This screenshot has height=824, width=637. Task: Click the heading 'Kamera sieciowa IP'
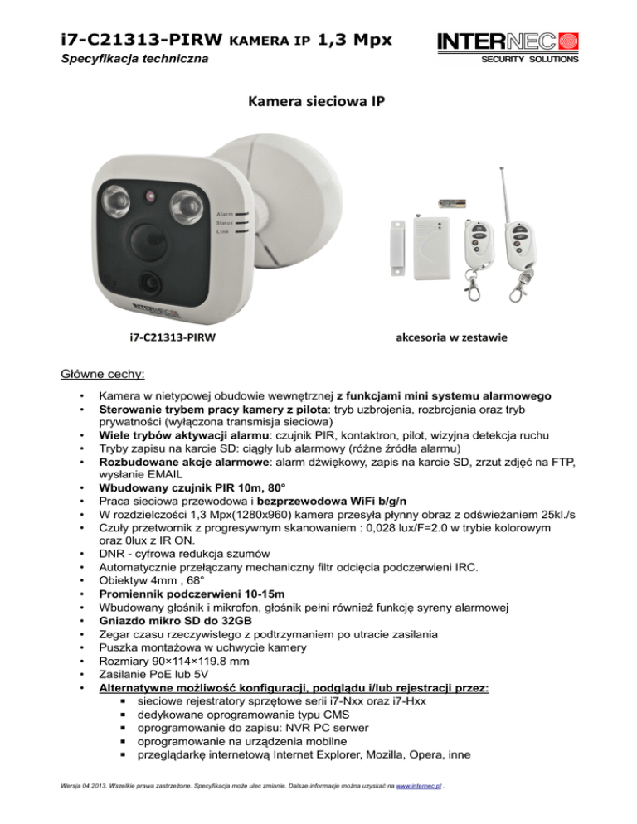click(x=318, y=104)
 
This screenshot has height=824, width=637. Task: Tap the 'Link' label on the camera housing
click(x=221, y=231)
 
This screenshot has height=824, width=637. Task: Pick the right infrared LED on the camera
click(x=183, y=202)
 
